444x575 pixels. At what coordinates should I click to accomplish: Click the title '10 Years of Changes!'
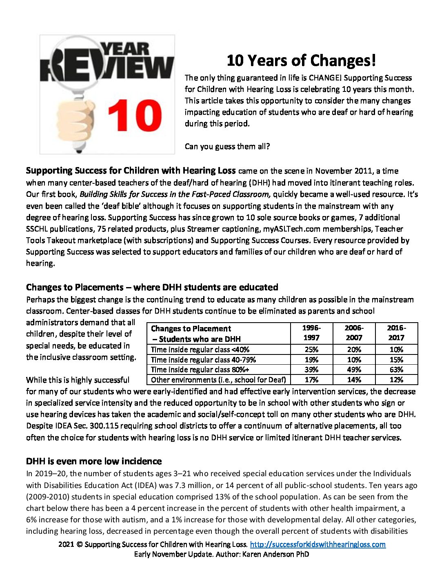coord(301,60)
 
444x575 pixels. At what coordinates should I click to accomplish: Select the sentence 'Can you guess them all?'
coord(227,146)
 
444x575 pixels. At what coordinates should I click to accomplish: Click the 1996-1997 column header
coord(311,333)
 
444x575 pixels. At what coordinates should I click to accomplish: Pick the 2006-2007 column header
coord(354,333)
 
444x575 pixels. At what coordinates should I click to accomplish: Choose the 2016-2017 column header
coord(396,333)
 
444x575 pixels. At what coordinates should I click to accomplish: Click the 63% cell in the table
coord(396,370)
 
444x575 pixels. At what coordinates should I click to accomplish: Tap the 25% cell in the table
coord(311,350)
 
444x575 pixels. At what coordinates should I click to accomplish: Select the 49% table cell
coord(354,370)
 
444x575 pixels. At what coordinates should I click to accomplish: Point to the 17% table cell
coord(311,380)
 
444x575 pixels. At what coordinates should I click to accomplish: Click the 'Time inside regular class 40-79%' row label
coord(203,360)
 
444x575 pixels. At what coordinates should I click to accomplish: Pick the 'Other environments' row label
coord(218,380)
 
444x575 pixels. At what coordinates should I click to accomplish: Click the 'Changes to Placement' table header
coord(195,334)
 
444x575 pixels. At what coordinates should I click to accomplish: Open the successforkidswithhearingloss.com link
coord(317,544)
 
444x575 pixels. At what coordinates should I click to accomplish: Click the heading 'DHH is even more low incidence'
coord(94,461)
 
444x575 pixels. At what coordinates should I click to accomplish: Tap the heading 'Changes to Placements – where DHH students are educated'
coord(152,287)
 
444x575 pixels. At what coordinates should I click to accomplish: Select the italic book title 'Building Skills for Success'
coord(175,194)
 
